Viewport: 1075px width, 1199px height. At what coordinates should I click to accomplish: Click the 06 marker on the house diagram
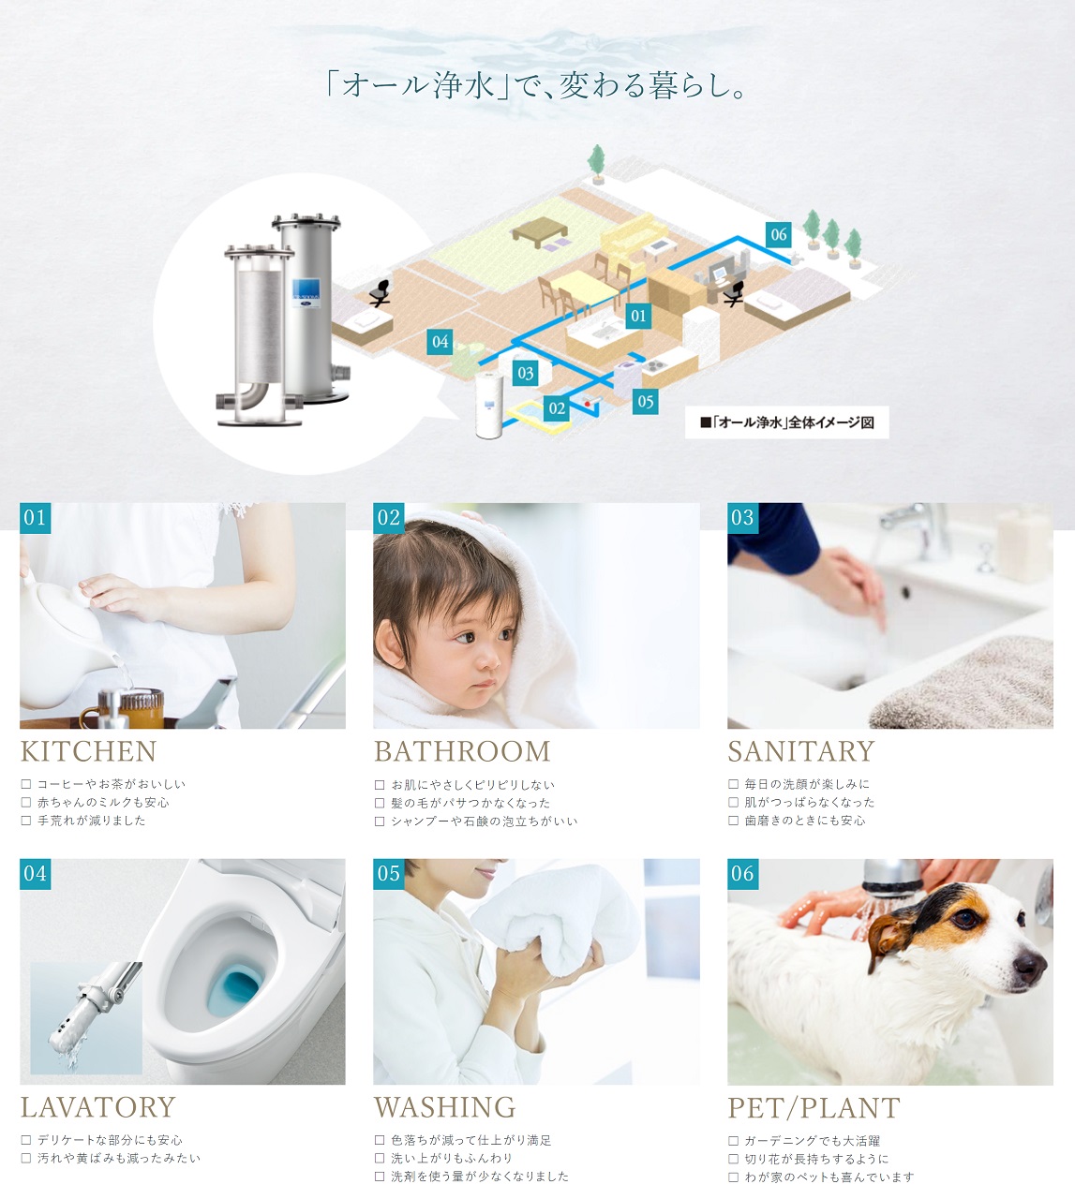click(x=778, y=235)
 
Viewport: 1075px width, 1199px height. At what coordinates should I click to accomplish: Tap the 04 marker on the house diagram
click(x=440, y=342)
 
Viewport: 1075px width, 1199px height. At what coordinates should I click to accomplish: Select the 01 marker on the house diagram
click(x=638, y=316)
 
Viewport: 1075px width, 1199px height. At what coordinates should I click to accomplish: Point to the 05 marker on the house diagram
click(x=645, y=402)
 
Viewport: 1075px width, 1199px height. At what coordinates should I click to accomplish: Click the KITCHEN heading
click(x=89, y=751)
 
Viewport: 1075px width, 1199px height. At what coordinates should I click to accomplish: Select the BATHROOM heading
click(x=462, y=751)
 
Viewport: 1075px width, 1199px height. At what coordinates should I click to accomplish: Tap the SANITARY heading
click(x=800, y=751)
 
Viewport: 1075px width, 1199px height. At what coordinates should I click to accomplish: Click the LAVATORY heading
click(x=98, y=1107)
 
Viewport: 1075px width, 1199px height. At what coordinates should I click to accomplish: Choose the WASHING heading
click(x=445, y=1107)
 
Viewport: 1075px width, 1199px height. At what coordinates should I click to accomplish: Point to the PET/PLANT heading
click(x=814, y=1108)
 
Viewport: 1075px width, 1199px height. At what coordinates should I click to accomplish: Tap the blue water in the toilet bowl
click(x=235, y=989)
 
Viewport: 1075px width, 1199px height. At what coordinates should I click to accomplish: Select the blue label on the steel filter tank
click(x=306, y=293)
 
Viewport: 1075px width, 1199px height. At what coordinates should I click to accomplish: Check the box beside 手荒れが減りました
click(x=26, y=821)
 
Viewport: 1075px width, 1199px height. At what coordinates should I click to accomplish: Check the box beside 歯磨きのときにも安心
click(x=733, y=821)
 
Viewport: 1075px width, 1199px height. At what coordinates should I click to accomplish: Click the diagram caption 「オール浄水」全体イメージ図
click(x=787, y=422)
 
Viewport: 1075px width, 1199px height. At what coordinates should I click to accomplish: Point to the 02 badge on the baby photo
click(x=389, y=518)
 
